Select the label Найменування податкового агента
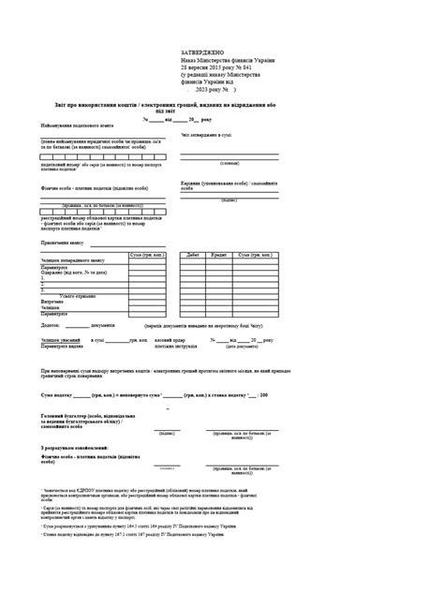(x=81, y=126)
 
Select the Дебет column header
(x=194, y=255)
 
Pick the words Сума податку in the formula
(x=60, y=395)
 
